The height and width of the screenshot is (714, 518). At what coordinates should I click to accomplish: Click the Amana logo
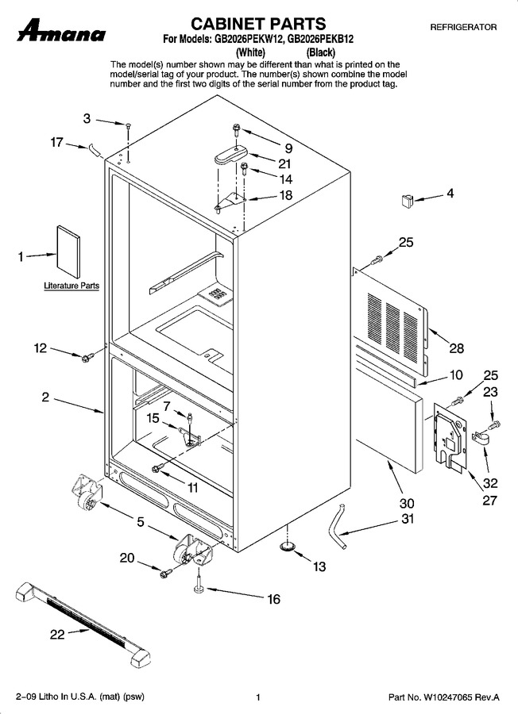61,30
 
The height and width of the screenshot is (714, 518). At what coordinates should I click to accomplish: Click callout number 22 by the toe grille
57,634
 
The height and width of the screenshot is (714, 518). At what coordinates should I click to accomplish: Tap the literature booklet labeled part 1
68,251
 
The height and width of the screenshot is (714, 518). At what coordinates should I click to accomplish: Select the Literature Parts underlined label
72,286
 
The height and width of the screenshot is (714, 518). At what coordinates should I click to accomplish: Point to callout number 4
450,193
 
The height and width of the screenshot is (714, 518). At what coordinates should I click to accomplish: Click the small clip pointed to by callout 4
406,200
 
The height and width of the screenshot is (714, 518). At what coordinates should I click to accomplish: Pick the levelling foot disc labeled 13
287,546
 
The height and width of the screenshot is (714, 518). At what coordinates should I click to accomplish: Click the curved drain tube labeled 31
338,526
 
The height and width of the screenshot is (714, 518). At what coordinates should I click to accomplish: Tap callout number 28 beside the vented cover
456,348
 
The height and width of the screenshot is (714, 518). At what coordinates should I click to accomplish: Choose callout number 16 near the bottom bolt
273,599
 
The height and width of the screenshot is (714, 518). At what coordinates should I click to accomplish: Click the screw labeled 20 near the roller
165,572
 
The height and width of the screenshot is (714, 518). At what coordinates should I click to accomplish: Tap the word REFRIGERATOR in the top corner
463,27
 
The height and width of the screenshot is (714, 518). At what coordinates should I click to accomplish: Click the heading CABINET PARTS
258,23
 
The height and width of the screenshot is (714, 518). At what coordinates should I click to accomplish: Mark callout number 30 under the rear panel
407,503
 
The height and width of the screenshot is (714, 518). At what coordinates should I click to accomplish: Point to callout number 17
56,142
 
